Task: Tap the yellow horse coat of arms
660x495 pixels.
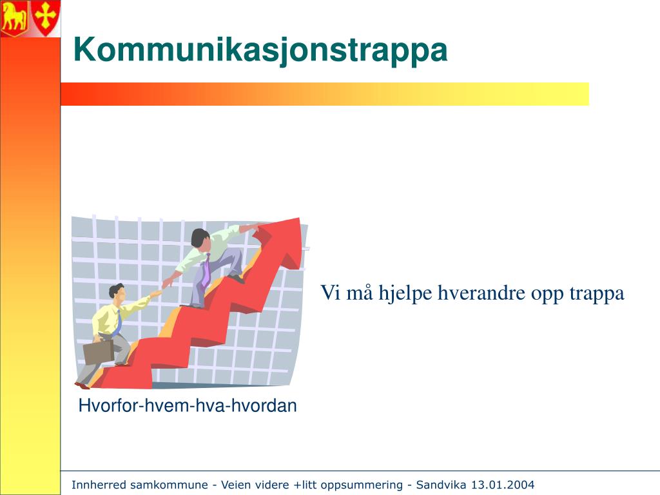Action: pos(14,17)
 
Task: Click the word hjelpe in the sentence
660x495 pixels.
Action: pos(405,293)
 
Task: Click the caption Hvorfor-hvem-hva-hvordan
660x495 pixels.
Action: pos(188,405)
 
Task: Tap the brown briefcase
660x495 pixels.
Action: pos(99,352)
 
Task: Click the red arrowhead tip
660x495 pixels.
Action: pos(299,218)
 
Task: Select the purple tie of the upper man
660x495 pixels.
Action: pos(206,270)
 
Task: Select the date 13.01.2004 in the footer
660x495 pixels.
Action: pos(502,485)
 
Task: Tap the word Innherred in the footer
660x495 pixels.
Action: pos(99,485)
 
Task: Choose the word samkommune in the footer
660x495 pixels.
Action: pos(169,485)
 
